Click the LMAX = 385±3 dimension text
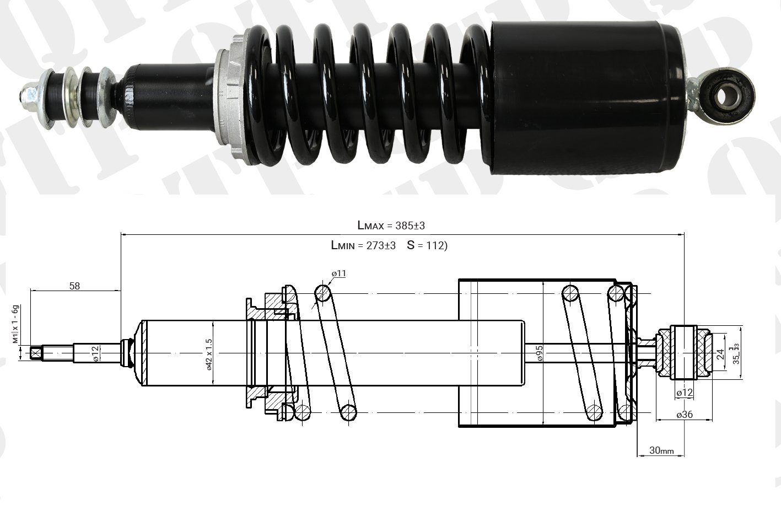[x=391, y=225]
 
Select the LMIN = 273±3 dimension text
[x=363, y=245]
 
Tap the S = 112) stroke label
[x=427, y=245]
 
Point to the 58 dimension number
[x=74, y=286]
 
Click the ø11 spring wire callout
[x=338, y=273]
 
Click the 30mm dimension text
[x=661, y=450]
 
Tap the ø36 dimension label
[x=685, y=415]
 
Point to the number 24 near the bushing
[x=719, y=353]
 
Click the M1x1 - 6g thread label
[x=16, y=324]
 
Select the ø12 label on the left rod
[x=95, y=353]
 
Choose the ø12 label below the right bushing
[x=684, y=393]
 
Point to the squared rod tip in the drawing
[x=37, y=353]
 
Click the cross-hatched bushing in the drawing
[x=685, y=353]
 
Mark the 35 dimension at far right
[x=736, y=353]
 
